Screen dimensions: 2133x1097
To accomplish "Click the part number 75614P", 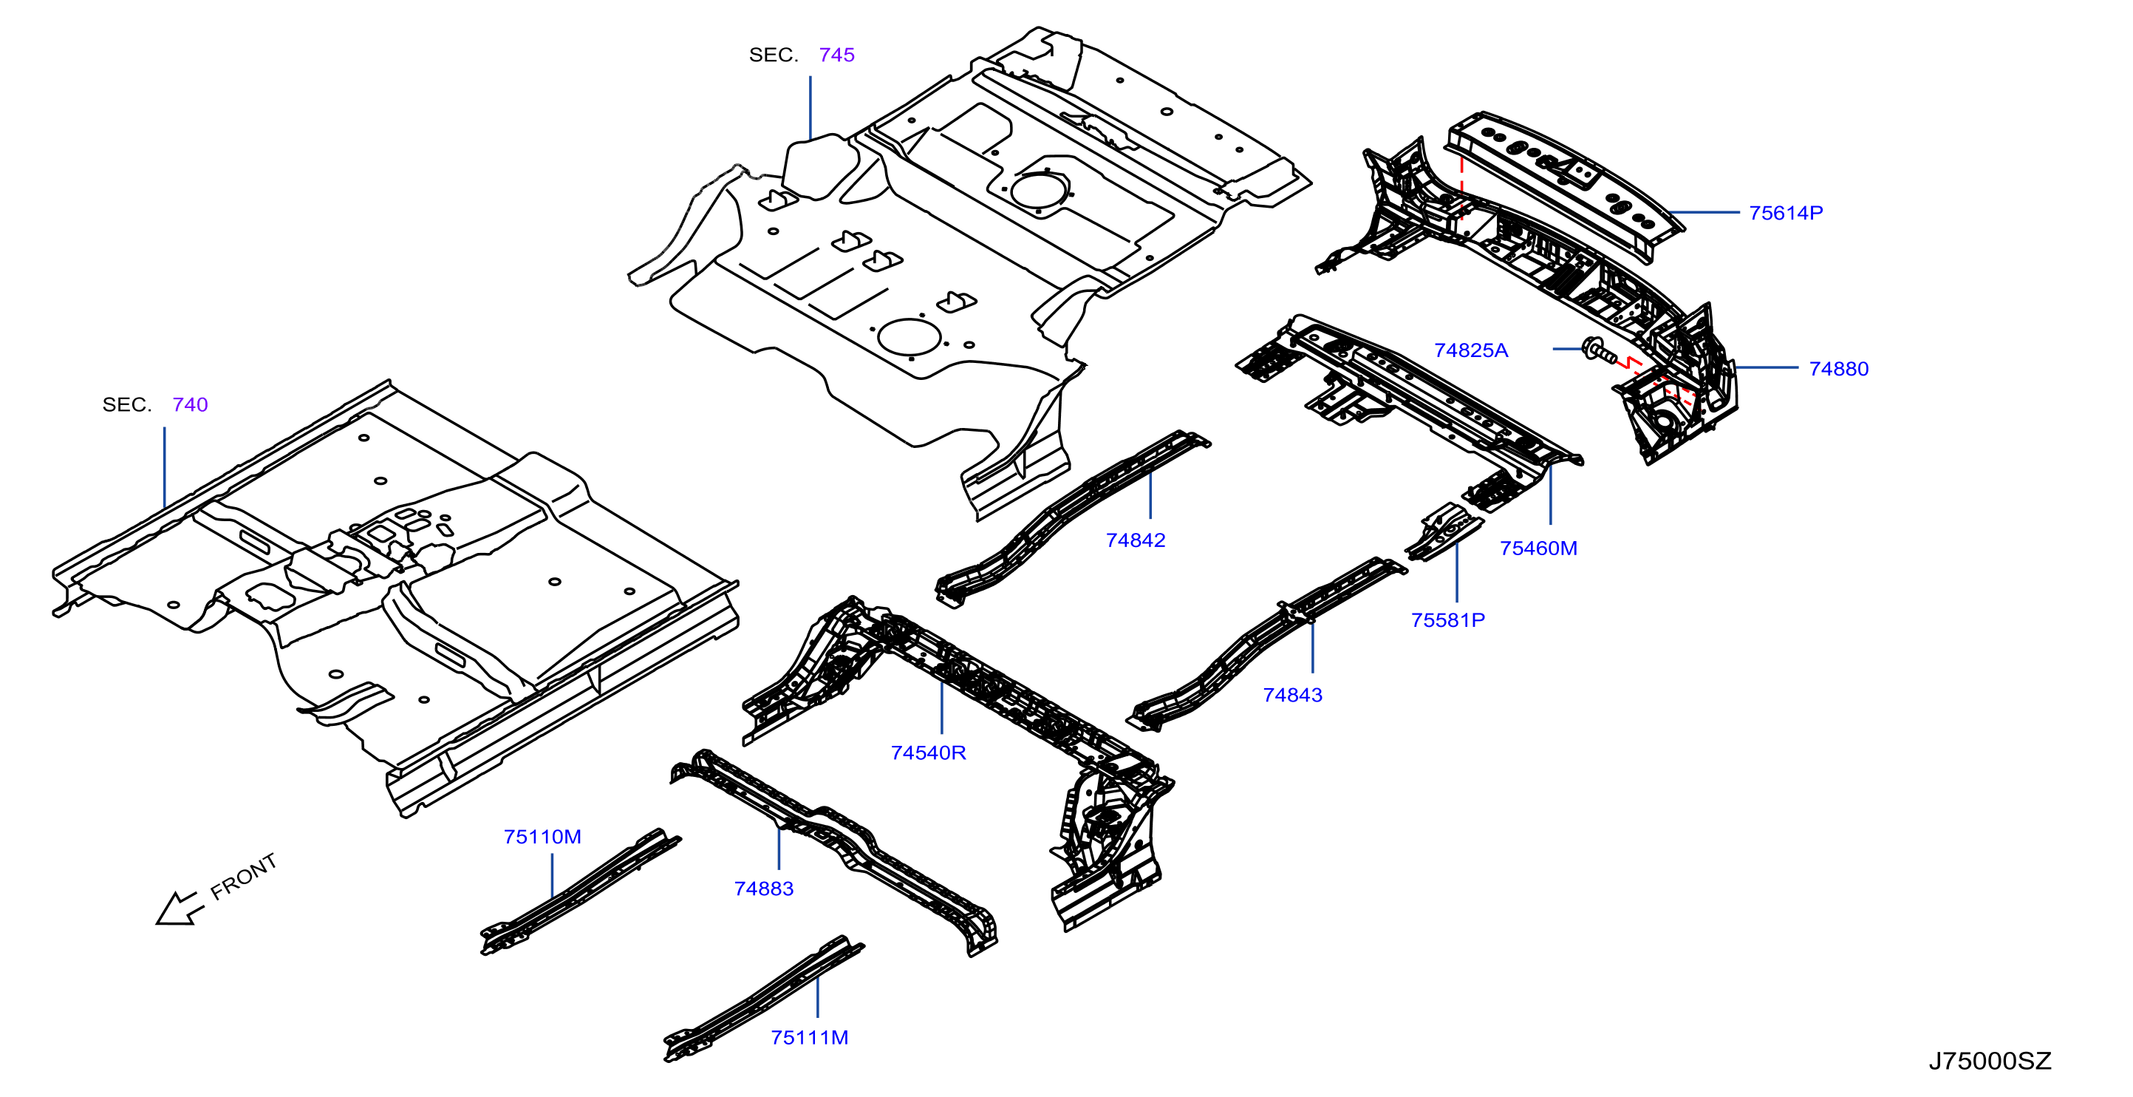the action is [x=1785, y=213].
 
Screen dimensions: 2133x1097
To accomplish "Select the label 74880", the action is [x=1838, y=369].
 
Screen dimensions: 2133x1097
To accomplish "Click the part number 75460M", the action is [x=1538, y=548].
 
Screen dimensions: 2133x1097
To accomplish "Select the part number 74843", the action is [x=1291, y=695].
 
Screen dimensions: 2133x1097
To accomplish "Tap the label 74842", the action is [x=1136, y=540].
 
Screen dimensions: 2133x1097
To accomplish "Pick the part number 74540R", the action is [x=928, y=753].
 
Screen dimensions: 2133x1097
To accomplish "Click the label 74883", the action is [x=763, y=889].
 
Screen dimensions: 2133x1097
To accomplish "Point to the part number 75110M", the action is [x=542, y=837].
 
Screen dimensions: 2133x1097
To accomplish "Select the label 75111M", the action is [x=809, y=1037].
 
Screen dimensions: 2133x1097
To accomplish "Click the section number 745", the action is [x=836, y=55].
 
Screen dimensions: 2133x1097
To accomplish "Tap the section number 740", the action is [x=190, y=404].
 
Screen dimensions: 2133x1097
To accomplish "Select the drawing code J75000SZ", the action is [x=1990, y=1061].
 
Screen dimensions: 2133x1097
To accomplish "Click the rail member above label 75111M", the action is [x=763, y=999].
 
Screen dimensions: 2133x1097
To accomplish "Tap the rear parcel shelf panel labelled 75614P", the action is [x=1565, y=186].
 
